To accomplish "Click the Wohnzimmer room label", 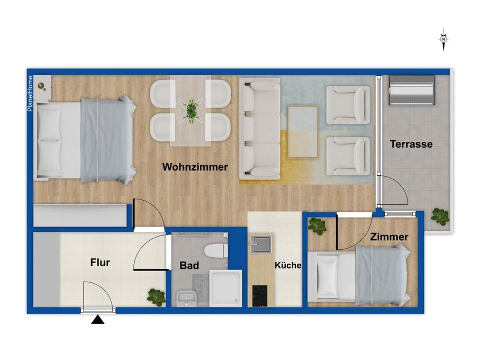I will (195, 167).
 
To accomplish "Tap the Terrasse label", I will (411, 144).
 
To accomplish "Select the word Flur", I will (100, 262).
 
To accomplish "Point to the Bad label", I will (189, 265).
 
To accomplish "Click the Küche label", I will (288, 266).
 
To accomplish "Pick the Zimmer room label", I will (389, 237).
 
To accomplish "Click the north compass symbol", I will (444, 40).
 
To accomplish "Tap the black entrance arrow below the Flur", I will (98, 319).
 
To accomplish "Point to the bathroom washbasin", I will (185, 298).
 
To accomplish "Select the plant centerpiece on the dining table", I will (191, 110).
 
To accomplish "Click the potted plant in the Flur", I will (156, 296).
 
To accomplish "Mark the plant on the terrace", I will (440, 217).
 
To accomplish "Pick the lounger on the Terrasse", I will (412, 91).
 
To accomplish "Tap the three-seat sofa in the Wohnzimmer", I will (259, 128).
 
